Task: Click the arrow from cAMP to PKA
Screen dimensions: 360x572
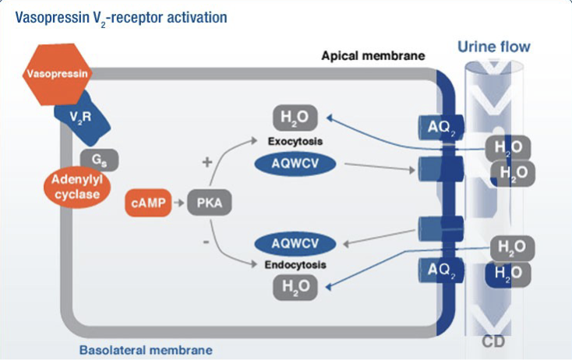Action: (x=178, y=203)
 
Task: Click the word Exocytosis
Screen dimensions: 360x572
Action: (x=295, y=142)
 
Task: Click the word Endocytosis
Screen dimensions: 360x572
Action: (x=295, y=264)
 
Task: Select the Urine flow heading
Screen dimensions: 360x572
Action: (x=493, y=47)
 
